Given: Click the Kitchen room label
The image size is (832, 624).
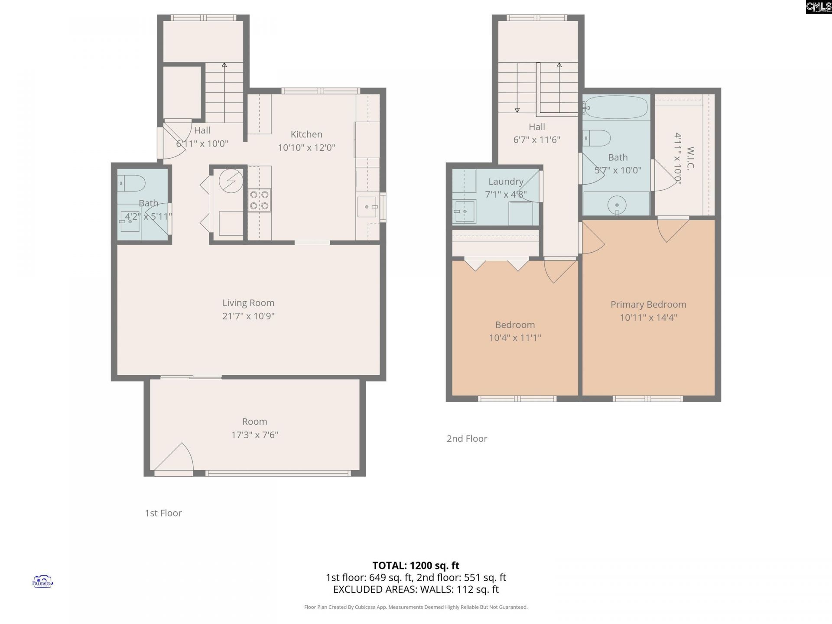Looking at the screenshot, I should click(x=306, y=134).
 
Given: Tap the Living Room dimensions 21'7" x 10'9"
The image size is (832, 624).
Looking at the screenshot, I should click(x=248, y=316).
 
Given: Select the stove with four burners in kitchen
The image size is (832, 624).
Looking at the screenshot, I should click(x=260, y=200).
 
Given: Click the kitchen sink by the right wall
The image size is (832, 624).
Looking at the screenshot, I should click(x=367, y=207).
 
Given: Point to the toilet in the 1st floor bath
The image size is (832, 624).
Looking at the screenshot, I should click(x=132, y=183).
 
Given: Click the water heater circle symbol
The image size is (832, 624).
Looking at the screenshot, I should click(x=231, y=181).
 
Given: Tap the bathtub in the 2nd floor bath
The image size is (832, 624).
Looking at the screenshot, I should click(x=616, y=107).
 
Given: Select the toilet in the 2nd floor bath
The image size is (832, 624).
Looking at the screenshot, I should click(x=598, y=138).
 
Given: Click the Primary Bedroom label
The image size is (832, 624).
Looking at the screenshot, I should click(x=648, y=304).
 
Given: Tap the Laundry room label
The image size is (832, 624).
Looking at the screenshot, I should click(x=506, y=182).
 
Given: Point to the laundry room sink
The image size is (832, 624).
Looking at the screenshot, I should click(x=464, y=211).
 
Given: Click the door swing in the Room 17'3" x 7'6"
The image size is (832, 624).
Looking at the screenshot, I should click(x=175, y=458).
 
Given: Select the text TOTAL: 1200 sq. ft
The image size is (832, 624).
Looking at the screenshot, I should click(x=416, y=565).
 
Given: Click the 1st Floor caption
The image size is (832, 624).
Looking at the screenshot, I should click(x=163, y=513).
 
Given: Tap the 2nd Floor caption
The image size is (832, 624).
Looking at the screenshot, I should click(x=467, y=439).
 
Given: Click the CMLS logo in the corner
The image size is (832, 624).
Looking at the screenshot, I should click(x=818, y=7).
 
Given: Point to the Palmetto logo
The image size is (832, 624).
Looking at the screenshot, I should click(x=42, y=582).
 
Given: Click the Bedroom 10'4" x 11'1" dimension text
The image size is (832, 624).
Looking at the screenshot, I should click(x=515, y=338).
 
